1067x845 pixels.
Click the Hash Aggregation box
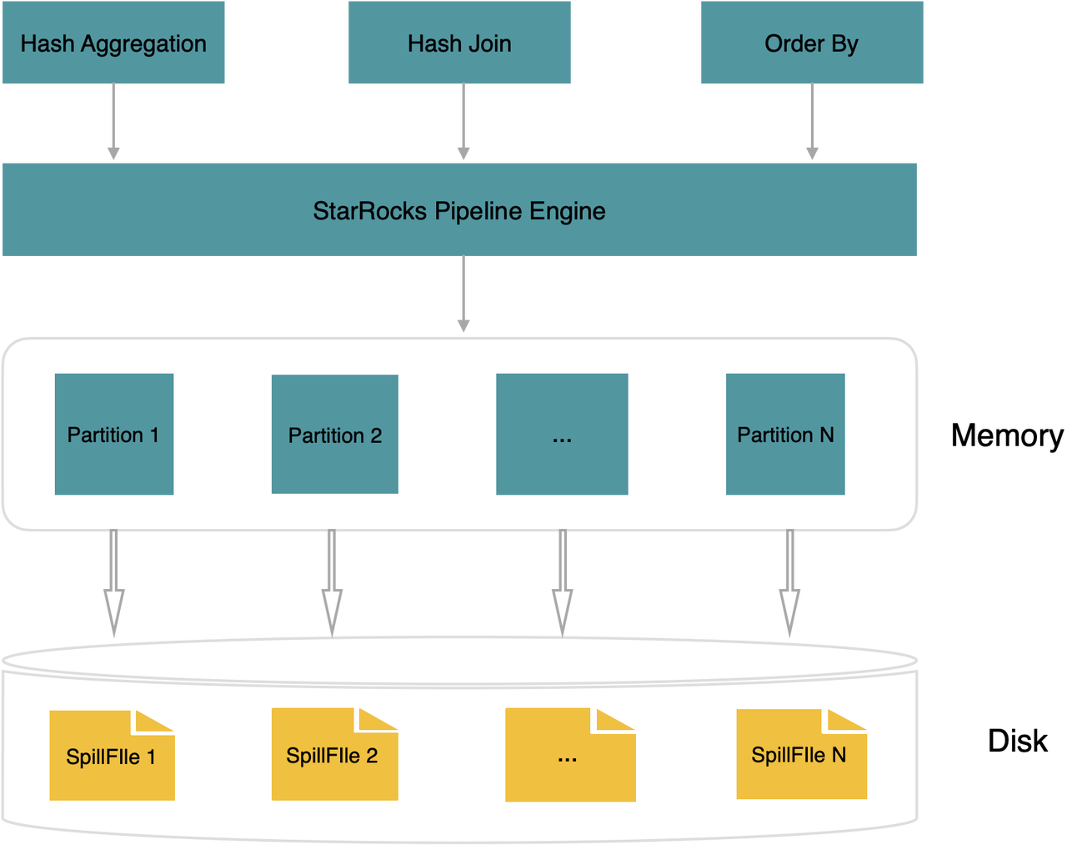[113, 43]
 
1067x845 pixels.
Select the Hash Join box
[459, 43]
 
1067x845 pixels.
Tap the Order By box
[812, 43]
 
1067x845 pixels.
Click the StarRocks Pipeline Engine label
[459, 211]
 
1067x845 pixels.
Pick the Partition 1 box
[114, 434]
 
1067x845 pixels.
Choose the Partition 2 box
[334, 434]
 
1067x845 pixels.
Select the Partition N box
[785, 434]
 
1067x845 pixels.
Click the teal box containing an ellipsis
[562, 434]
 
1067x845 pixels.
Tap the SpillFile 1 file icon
[112, 755]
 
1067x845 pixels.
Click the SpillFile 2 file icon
[334, 754]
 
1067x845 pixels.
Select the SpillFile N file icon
[802, 754]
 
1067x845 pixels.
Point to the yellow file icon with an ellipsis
[570, 755]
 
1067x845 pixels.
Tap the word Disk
[1018, 741]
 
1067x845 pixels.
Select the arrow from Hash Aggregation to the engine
[113, 121]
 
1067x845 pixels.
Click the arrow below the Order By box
[812, 121]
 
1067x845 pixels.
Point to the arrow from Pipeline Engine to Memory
[463, 294]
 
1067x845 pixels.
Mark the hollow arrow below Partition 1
[114, 584]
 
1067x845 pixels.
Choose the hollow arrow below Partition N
[790, 584]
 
